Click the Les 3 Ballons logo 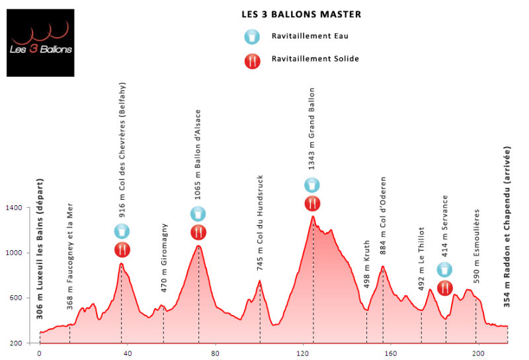point(40,42)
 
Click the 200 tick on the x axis point(479,353)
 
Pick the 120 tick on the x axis point(303,353)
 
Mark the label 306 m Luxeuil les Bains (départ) point(40,249)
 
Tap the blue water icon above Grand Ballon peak point(312,185)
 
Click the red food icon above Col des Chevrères point(122,249)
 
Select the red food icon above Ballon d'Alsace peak point(198,232)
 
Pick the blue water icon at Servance point(445,269)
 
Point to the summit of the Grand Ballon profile point(312,216)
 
